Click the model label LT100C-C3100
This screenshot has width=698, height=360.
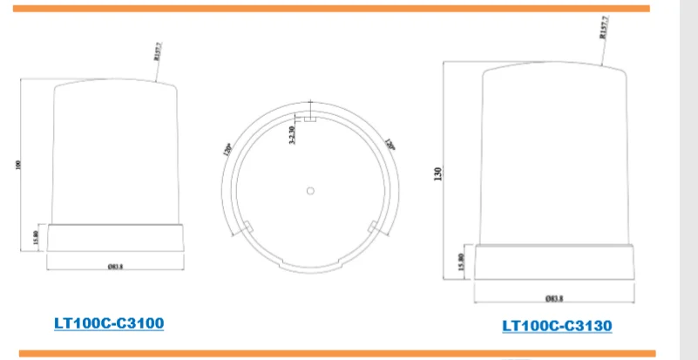109,323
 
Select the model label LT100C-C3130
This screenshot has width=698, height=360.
557,326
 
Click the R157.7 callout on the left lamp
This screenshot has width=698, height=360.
159,55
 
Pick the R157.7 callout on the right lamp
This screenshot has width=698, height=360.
603,31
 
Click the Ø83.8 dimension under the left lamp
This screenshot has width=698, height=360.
115,266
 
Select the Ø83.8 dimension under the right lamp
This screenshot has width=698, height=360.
553,298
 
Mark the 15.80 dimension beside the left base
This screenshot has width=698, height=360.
34,236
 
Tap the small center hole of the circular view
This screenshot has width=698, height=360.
309,190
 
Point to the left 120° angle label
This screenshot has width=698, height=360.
228,149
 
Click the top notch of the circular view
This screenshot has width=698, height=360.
309,118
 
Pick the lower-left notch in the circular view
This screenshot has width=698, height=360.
247,228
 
